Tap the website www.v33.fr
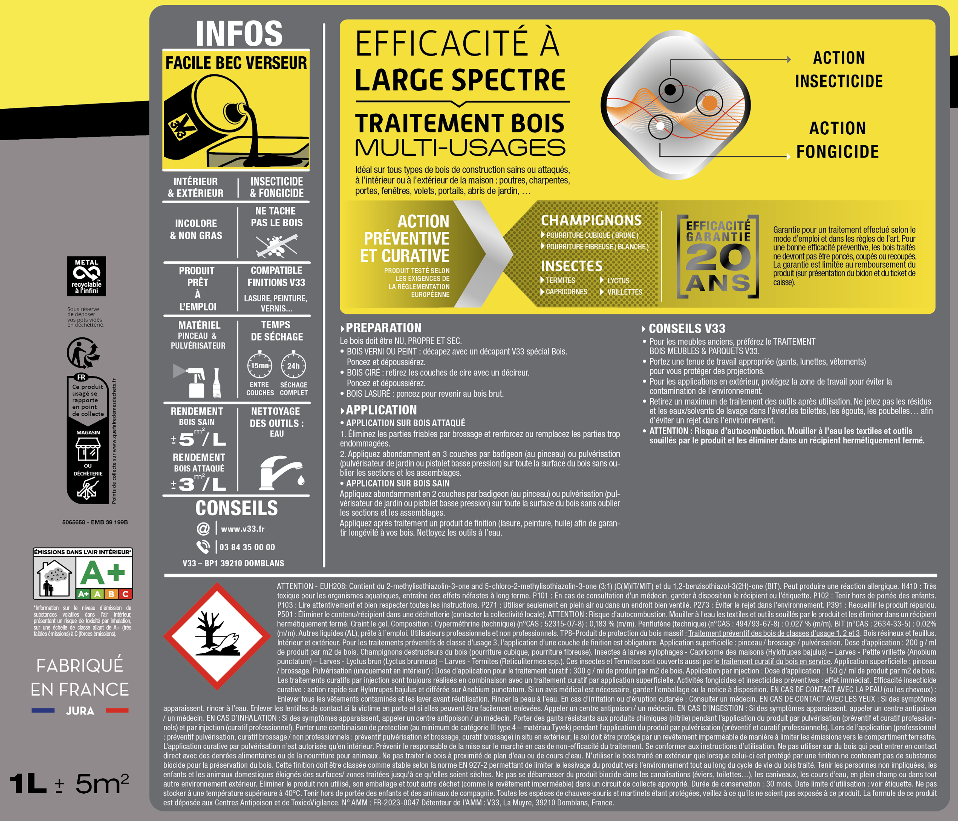[243, 529]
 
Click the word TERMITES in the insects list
[560, 280]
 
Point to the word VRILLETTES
[625, 292]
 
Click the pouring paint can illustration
[236, 123]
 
